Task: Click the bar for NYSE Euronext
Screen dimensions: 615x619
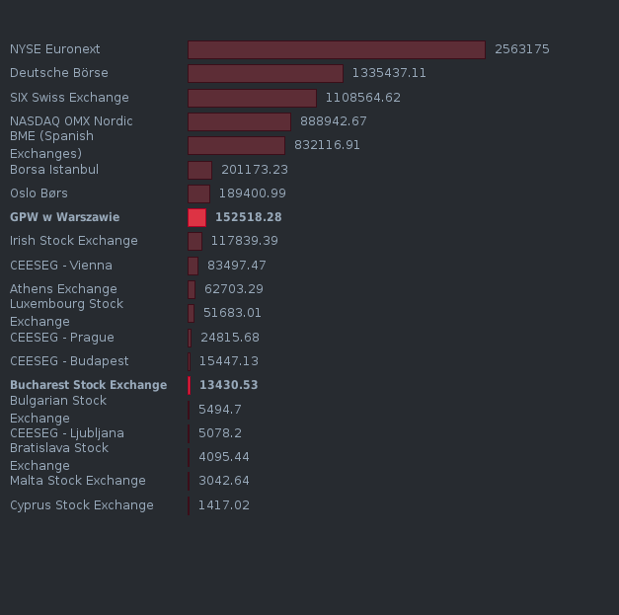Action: (x=336, y=49)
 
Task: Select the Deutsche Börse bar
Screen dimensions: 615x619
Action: (x=265, y=73)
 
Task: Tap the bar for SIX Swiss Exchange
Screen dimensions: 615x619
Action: (x=252, y=98)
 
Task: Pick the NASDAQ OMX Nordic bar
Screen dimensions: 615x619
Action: (x=239, y=121)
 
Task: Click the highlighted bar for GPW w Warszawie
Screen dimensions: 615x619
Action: (x=196, y=217)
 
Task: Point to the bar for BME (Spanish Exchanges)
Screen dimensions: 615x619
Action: (x=236, y=145)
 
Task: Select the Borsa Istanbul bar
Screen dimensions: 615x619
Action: (x=199, y=170)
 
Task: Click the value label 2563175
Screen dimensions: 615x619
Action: (x=521, y=49)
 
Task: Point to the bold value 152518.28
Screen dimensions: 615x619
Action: (x=248, y=217)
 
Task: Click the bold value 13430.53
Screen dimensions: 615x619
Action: (x=228, y=385)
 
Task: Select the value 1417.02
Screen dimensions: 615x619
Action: (x=223, y=505)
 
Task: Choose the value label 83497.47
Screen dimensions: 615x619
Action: (x=236, y=266)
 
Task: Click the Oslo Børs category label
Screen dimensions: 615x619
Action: (x=39, y=193)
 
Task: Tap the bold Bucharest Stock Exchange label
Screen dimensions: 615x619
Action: (x=88, y=385)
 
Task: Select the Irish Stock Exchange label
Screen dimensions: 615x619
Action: (x=74, y=241)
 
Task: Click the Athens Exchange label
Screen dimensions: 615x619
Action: (x=63, y=289)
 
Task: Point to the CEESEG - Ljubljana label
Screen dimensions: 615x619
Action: (x=67, y=433)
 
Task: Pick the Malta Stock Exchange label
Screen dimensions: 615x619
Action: (x=77, y=481)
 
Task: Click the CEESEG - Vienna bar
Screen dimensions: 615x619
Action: (x=193, y=266)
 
